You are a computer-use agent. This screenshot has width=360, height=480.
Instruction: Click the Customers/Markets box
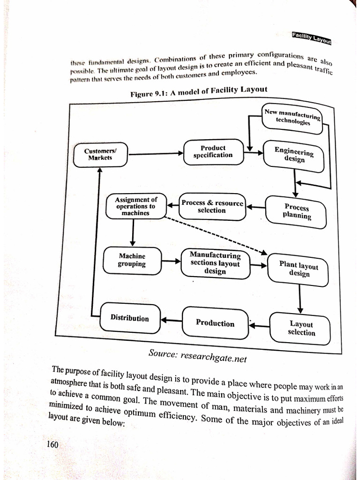click(x=100, y=155)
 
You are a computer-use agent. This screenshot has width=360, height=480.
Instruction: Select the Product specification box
click(x=213, y=151)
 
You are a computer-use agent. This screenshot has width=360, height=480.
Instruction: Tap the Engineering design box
click(x=294, y=154)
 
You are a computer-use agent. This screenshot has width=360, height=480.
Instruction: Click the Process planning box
click(x=296, y=212)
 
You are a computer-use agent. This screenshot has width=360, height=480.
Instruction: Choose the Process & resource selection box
click(x=212, y=207)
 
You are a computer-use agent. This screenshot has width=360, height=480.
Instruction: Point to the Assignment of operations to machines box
click(x=136, y=206)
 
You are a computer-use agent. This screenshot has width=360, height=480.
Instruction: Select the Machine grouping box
click(x=133, y=260)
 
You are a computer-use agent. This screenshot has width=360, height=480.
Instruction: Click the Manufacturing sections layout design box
click(x=215, y=263)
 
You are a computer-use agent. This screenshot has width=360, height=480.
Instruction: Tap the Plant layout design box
click(x=298, y=269)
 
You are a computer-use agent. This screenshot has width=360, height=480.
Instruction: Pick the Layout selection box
click(x=301, y=328)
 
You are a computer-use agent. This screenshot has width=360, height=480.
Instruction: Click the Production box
click(x=215, y=323)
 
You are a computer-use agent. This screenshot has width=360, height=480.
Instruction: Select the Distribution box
click(x=130, y=318)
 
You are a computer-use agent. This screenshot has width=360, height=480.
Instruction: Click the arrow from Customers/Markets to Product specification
click(x=156, y=153)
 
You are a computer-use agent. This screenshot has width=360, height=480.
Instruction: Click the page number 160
click(x=52, y=444)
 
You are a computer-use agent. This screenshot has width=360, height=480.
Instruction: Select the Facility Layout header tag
click(x=311, y=37)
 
